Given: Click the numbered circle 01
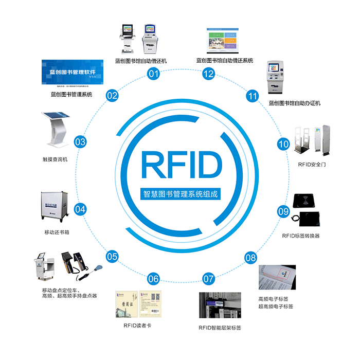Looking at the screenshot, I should tap(153, 74).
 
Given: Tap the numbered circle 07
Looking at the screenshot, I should tap(208, 279).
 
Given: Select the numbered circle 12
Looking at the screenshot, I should tap(208, 74).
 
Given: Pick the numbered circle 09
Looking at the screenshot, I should tap(283, 210).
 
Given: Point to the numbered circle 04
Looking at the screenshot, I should tap(80, 209).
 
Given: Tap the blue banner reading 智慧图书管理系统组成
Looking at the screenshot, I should tap(180, 195).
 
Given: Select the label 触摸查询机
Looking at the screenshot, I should tap(55, 159).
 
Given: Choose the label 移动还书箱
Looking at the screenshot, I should tap(57, 232).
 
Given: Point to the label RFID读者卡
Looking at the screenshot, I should tap(138, 325).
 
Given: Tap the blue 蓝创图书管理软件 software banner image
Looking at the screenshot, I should tap(72, 73).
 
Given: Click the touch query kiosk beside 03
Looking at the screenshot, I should tap(55, 129).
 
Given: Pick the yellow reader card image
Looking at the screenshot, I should tap(138, 303).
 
